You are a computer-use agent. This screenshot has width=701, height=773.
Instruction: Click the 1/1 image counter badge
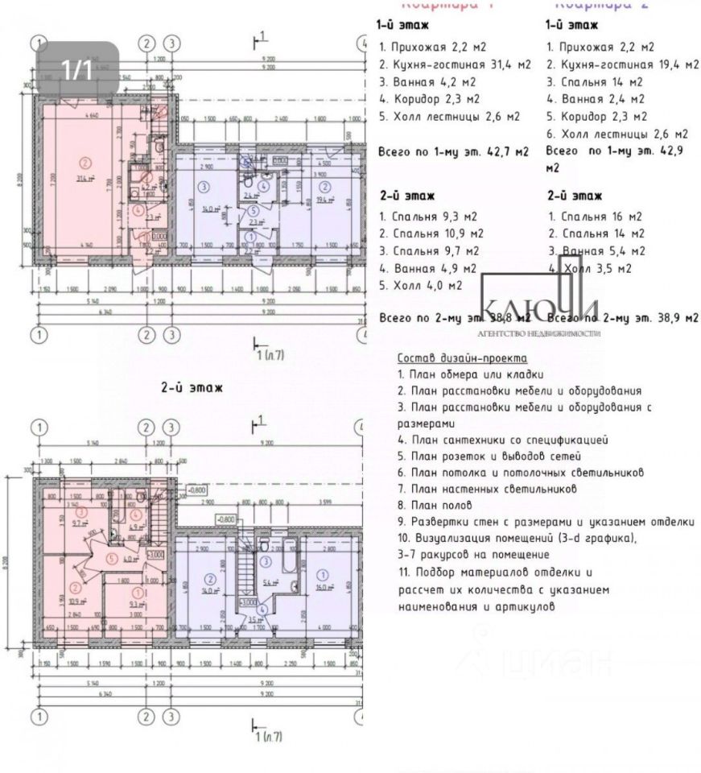(78, 69)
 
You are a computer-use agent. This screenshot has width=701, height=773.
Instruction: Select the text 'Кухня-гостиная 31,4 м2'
(455, 64)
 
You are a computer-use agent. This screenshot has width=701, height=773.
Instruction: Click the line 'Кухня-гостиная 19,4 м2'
(623, 64)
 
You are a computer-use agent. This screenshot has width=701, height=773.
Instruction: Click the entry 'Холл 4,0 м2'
(420, 286)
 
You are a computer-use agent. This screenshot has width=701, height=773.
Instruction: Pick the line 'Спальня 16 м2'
(595, 217)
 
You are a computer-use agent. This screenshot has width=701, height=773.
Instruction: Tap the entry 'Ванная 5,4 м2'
(595, 251)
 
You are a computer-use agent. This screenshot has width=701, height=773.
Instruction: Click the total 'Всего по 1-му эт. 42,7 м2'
(453, 151)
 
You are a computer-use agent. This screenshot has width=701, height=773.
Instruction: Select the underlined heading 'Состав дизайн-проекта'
(462, 358)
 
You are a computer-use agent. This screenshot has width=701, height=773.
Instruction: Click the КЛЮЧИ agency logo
(539, 310)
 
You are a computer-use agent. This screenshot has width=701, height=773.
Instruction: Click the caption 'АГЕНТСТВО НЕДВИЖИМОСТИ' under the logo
(539, 333)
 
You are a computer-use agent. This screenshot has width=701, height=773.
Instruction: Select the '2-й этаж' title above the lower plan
(192, 388)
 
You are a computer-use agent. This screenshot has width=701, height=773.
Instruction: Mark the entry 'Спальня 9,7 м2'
(424, 251)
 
